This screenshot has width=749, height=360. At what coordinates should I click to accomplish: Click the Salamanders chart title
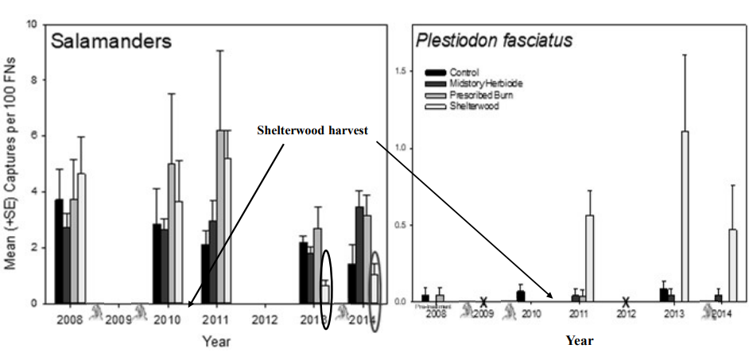(x=111, y=42)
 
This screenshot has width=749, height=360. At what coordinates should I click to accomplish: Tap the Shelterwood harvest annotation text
(x=312, y=130)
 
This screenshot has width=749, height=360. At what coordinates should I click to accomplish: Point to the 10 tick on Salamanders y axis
(x=33, y=24)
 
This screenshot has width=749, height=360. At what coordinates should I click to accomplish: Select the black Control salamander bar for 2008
(x=59, y=250)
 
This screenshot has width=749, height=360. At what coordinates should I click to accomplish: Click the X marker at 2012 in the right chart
(x=626, y=302)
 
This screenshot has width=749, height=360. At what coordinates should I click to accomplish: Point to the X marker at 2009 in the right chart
(x=483, y=302)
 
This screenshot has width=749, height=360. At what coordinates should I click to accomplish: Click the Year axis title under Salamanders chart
(x=216, y=342)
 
